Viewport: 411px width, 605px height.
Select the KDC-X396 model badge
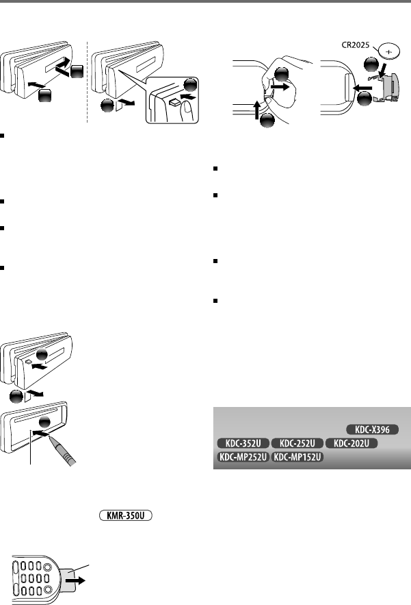(x=373, y=430)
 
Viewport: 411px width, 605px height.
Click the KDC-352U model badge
(x=242, y=443)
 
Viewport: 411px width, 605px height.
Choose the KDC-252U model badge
(x=297, y=443)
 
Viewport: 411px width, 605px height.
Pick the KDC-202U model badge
(x=352, y=443)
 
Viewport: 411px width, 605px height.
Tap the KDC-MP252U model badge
(x=243, y=457)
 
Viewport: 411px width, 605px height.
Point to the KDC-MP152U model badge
(x=297, y=457)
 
